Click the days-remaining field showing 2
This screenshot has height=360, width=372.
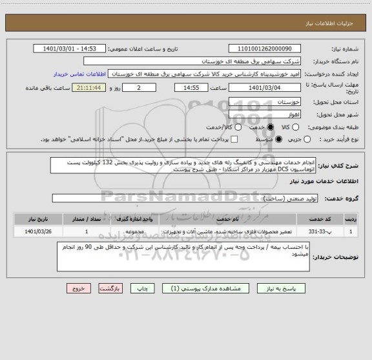139,88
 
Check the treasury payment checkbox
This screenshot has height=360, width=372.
234,140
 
